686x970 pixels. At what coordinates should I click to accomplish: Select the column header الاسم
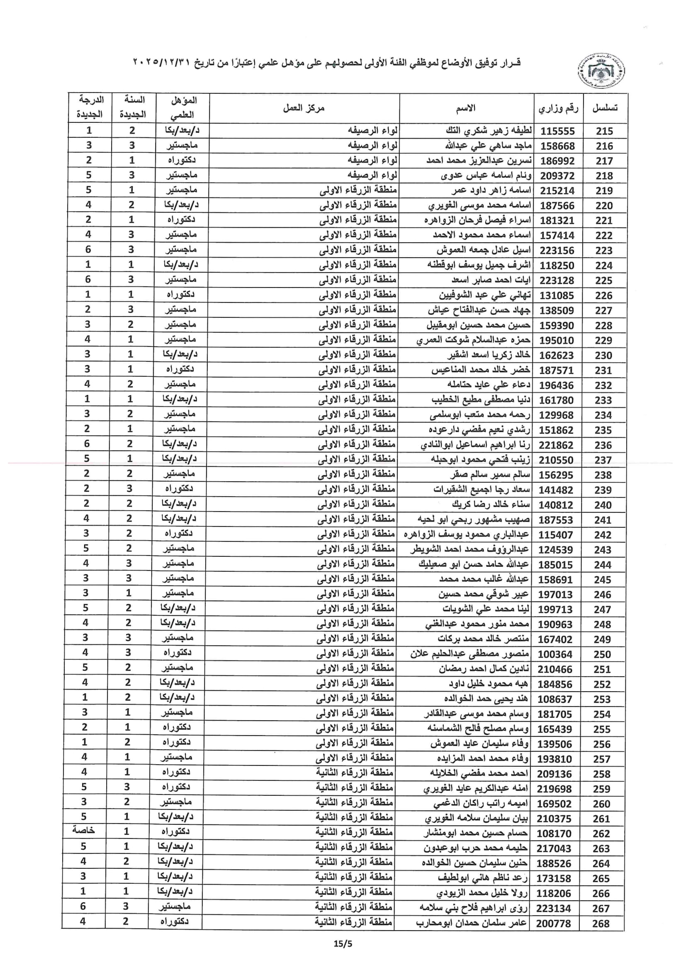click(x=465, y=109)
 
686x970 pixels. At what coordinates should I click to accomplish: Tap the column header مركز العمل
click(x=304, y=109)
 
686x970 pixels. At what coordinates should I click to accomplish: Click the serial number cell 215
click(x=604, y=131)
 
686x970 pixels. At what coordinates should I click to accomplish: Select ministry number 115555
click(x=557, y=131)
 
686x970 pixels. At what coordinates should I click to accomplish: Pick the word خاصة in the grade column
click(x=84, y=830)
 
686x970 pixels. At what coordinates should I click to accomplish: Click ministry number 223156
click(x=557, y=251)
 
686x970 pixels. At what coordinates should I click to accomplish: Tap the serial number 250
click(x=602, y=654)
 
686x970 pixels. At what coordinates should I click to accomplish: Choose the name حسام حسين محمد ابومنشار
click(x=475, y=833)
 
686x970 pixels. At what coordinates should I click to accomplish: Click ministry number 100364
click(x=555, y=654)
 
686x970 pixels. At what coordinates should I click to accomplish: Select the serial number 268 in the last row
click(x=601, y=923)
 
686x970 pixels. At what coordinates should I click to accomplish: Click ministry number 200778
click(x=554, y=923)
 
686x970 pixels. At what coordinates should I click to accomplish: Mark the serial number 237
click(x=603, y=460)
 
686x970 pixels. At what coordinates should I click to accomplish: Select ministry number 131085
click(x=557, y=295)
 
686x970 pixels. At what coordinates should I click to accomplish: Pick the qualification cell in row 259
click(x=176, y=788)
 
